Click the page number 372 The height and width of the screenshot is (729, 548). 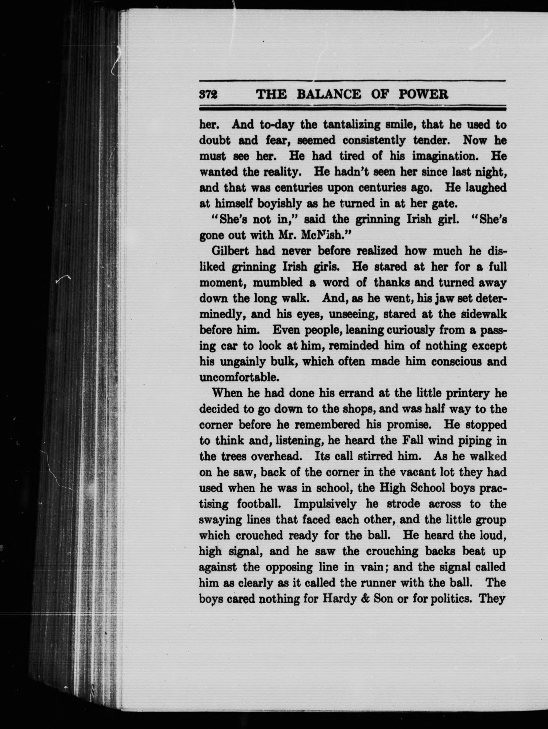(x=209, y=95)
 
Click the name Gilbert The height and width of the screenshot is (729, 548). (x=231, y=251)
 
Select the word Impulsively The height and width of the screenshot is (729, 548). (x=325, y=504)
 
